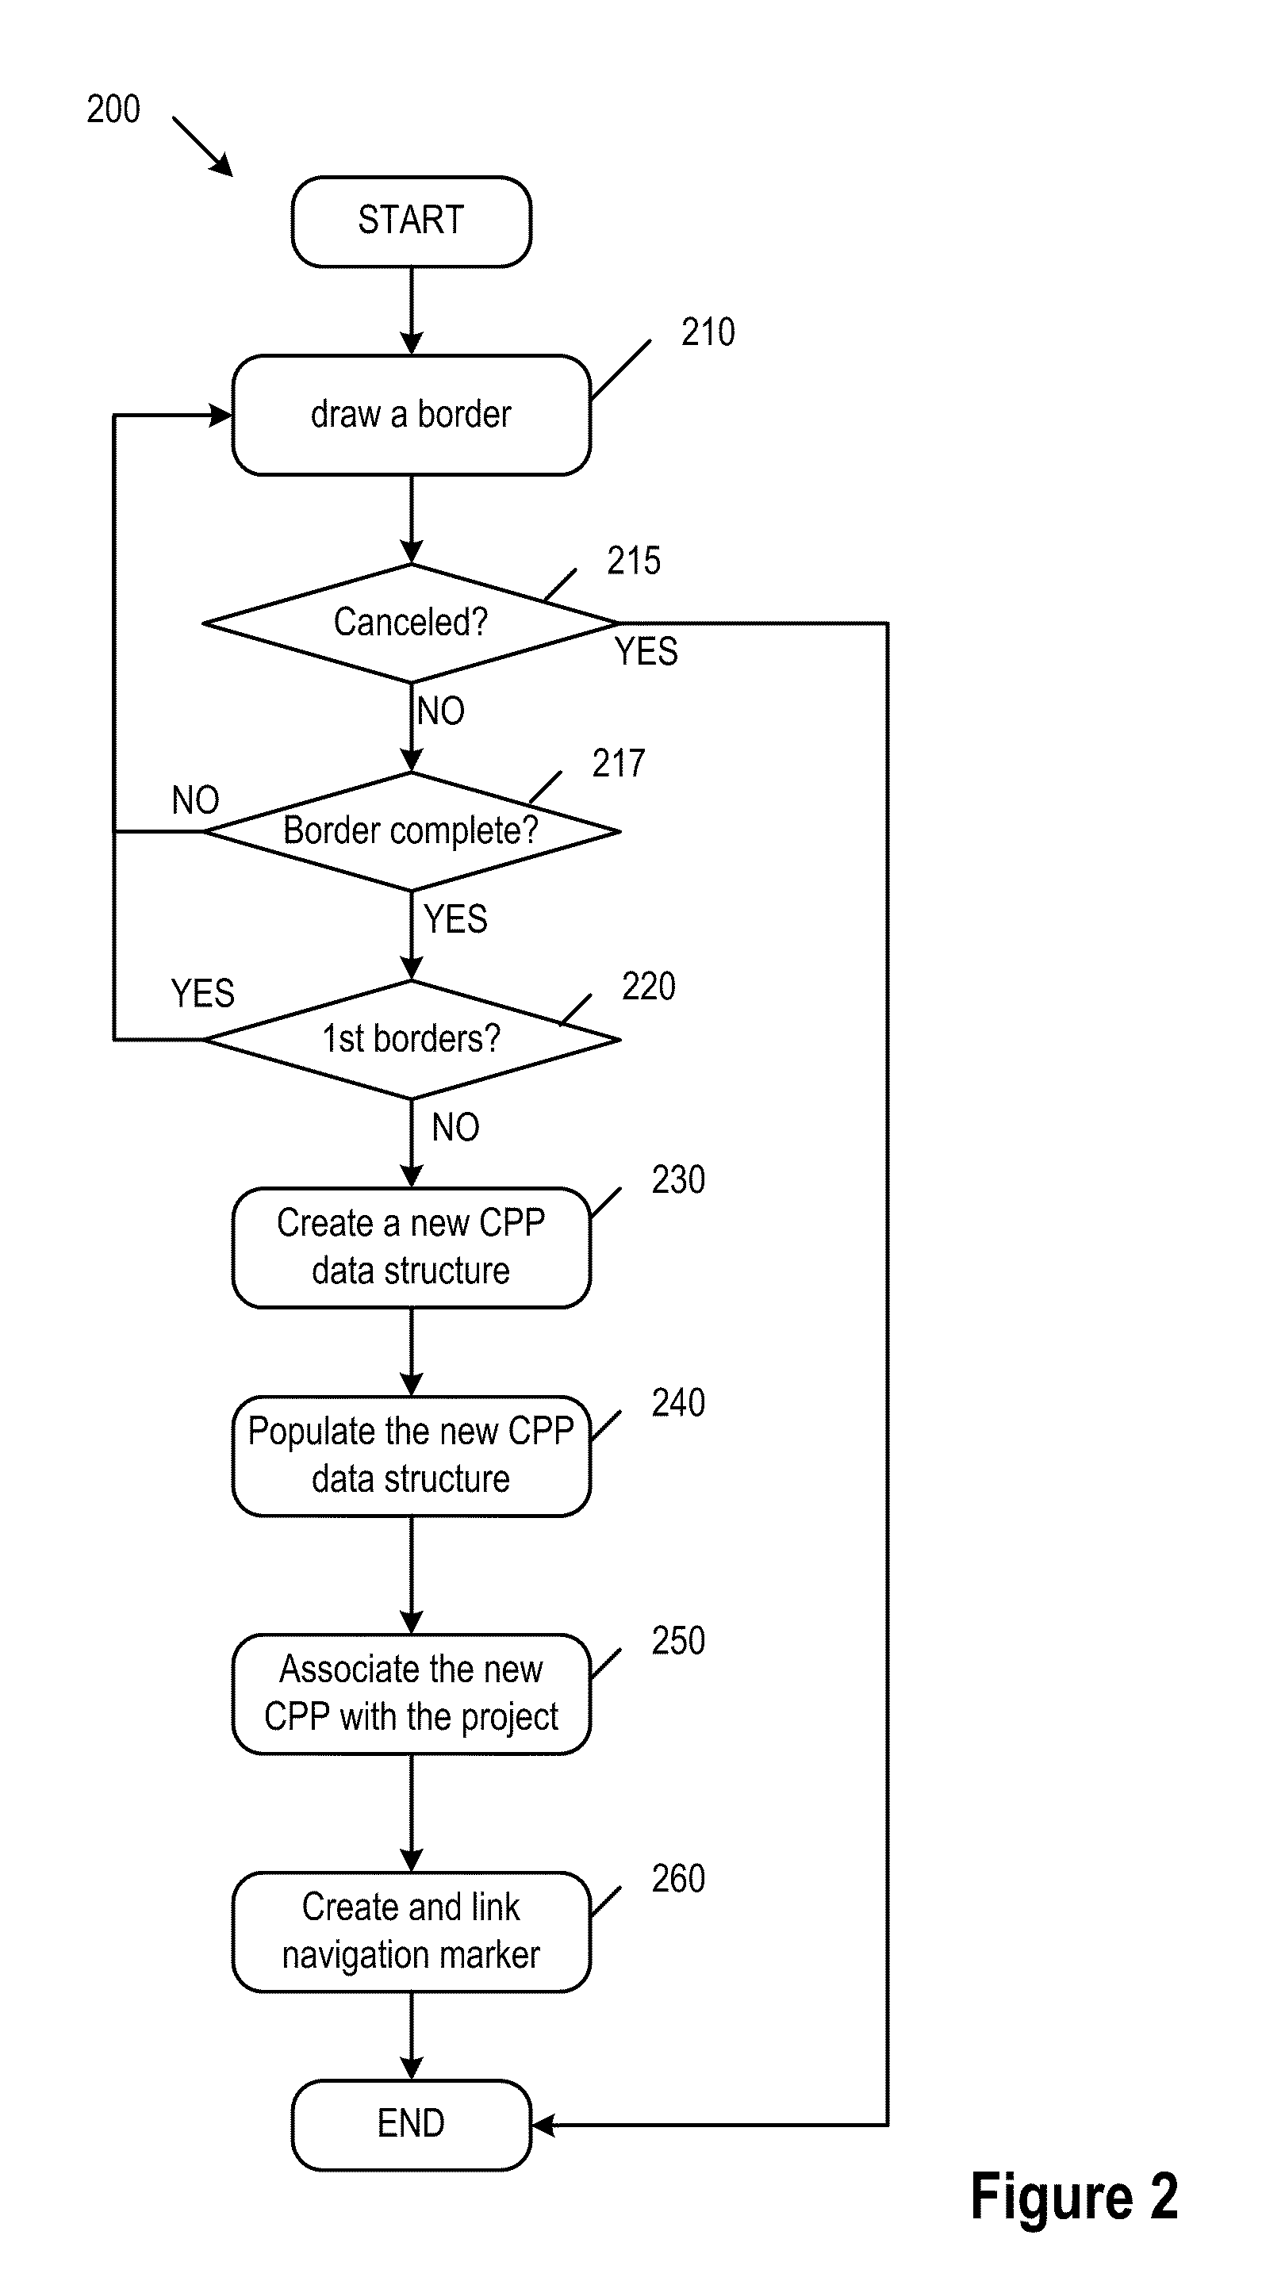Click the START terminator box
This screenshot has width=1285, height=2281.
[x=411, y=221]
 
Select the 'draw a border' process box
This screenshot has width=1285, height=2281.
[x=411, y=416]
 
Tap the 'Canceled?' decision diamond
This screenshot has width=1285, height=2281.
[x=411, y=623]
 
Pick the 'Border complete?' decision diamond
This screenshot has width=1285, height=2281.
[x=411, y=830]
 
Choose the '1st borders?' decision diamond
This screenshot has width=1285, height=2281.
[x=411, y=1039]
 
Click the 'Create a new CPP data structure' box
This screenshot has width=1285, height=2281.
[x=411, y=1247]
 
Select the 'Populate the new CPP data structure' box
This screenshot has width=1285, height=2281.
[x=411, y=1455]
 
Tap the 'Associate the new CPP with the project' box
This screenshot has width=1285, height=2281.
[x=411, y=1693]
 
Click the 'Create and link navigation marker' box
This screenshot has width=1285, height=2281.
[x=411, y=1931]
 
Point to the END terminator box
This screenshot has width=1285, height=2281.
[x=411, y=2123]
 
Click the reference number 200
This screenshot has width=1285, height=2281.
[x=113, y=109]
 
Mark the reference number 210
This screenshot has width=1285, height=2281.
[x=708, y=333]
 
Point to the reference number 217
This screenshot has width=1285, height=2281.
[x=618, y=763]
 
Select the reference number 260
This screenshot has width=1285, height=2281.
[x=677, y=1878]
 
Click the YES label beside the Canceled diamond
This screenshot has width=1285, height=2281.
[x=646, y=653]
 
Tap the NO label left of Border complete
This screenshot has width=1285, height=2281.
[x=195, y=800]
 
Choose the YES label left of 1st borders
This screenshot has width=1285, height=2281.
[x=202, y=994]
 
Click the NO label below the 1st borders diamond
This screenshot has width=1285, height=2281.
[x=455, y=1127]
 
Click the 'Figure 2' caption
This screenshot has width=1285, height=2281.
[x=1073, y=2197]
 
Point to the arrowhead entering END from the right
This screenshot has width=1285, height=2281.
[x=543, y=2124]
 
